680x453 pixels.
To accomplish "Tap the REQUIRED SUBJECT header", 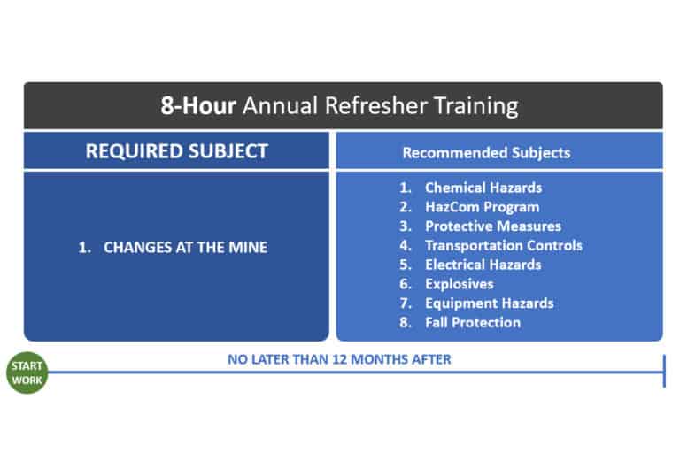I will pyautogui.click(x=176, y=151).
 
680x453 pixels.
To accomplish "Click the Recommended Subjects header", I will pyautogui.click(x=486, y=152).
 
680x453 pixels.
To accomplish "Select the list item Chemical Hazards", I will pyautogui.click(x=483, y=188).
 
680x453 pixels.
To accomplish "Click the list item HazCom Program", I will pyautogui.click(x=482, y=207).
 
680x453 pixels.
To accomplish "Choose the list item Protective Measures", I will pyautogui.click(x=492, y=226).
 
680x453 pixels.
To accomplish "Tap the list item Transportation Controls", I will pyautogui.click(x=503, y=245).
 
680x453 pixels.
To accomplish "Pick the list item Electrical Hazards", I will pyautogui.click(x=483, y=265).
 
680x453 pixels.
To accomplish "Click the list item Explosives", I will pyautogui.click(x=459, y=284).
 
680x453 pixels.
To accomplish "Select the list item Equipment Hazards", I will pyautogui.click(x=489, y=303).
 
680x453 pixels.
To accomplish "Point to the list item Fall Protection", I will pyautogui.click(x=473, y=322).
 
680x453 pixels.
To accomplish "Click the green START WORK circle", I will pyautogui.click(x=26, y=372).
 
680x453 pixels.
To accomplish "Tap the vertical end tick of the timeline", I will pyautogui.click(x=663, y=372).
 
